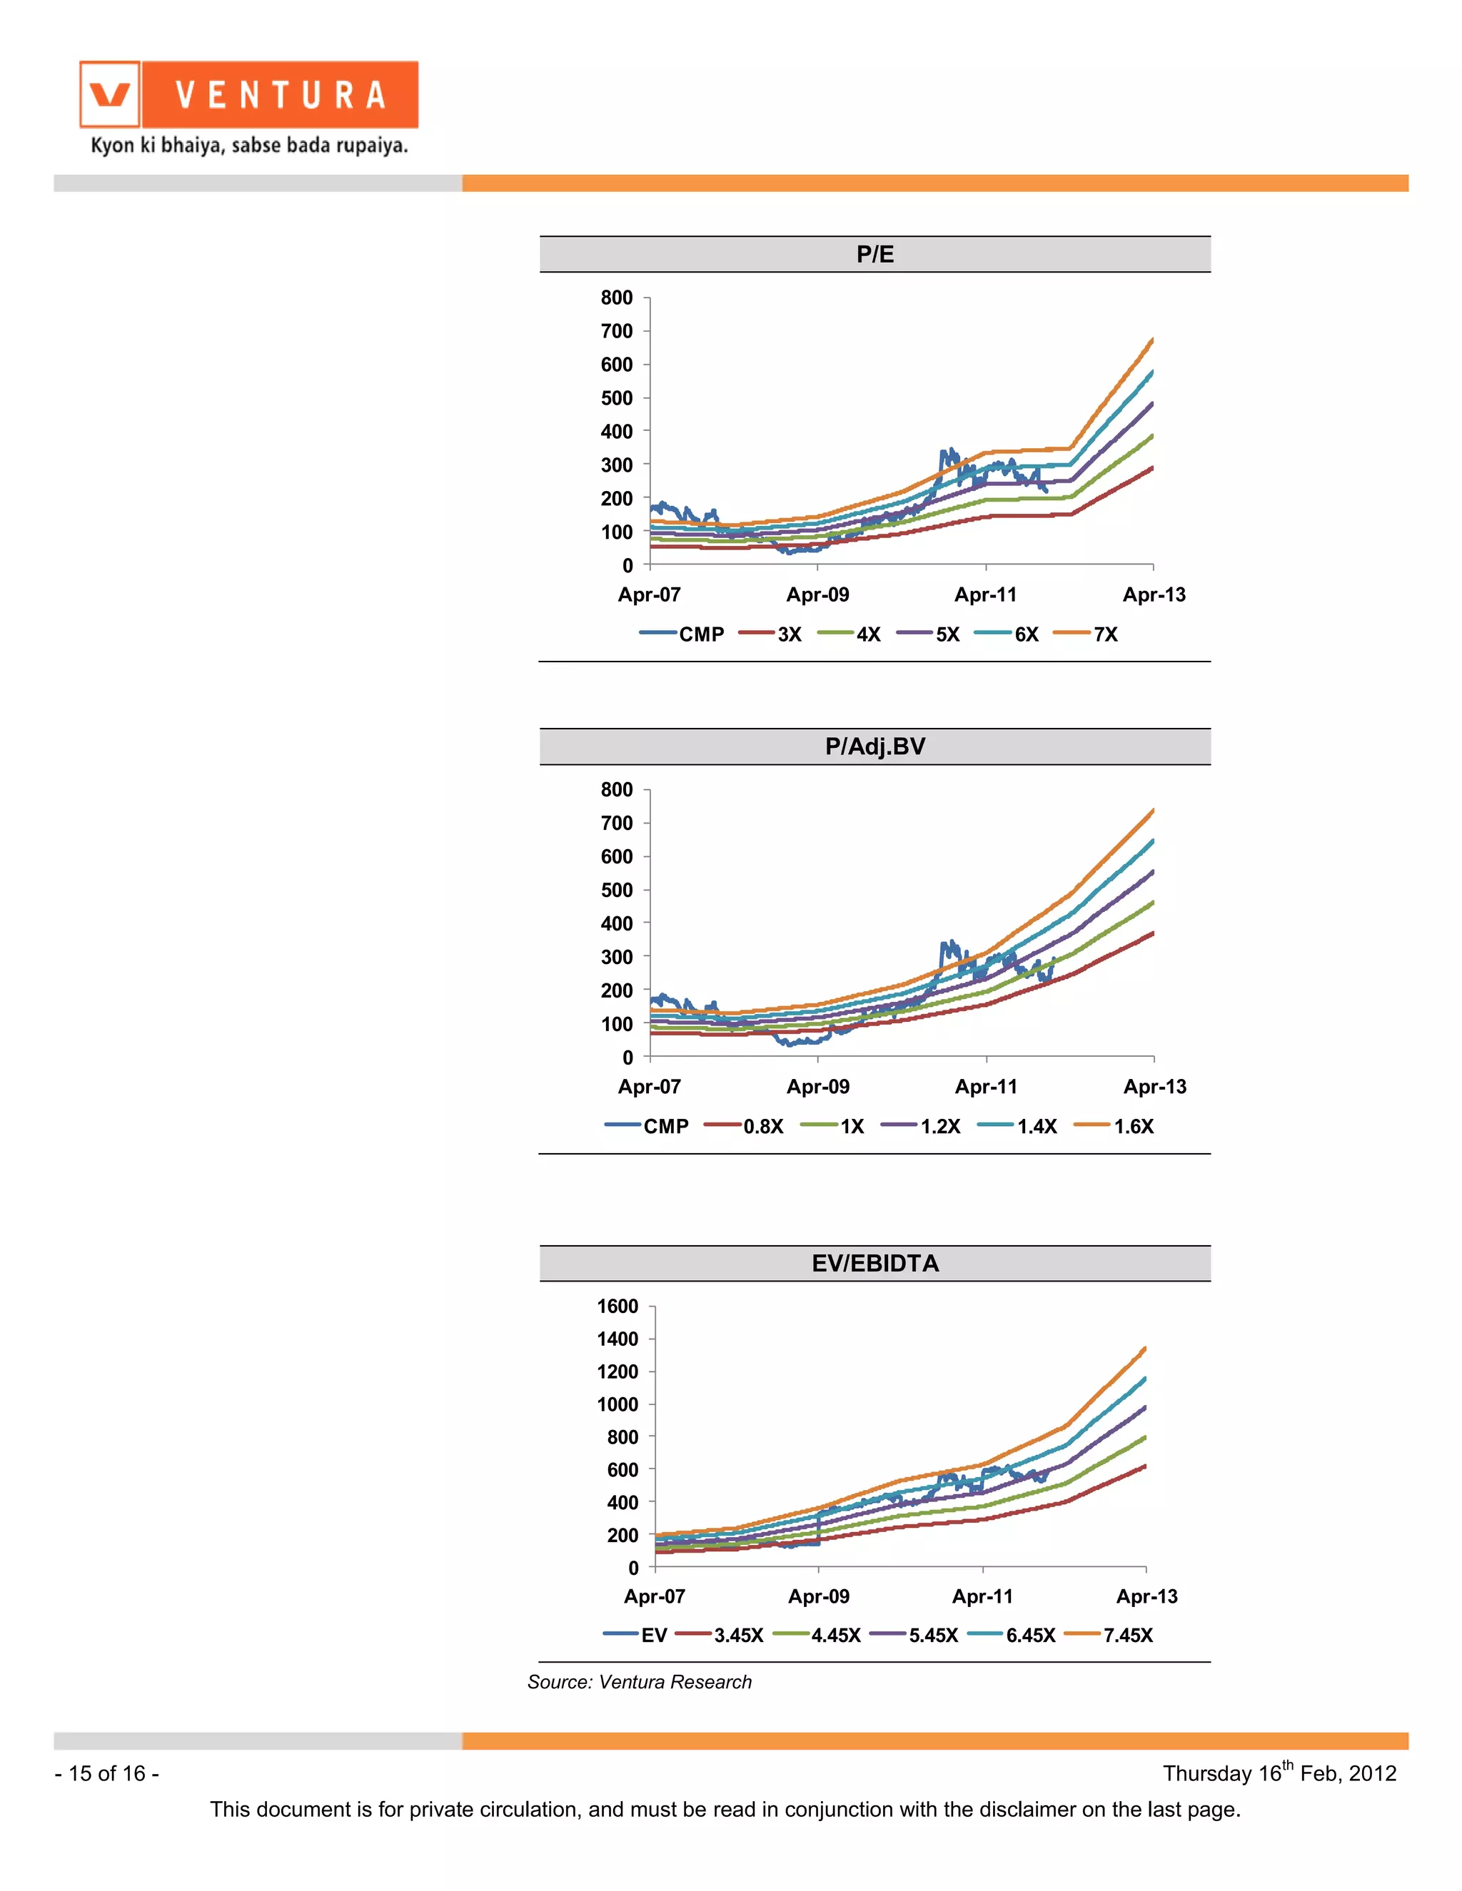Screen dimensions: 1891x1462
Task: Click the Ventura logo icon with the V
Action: point(110,94)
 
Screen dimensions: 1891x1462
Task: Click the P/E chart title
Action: point(874,255)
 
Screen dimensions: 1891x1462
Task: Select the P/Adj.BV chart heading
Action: point(874,746)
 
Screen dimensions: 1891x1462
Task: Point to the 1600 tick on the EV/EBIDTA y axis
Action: point(617,1306)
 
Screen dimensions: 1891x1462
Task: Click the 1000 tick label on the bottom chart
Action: point(617,1404)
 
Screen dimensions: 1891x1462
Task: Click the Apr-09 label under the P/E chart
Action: point(817,595)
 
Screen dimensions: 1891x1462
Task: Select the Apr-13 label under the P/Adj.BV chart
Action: point(1154,1087)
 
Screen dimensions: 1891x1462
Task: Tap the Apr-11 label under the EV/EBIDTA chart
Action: point(982,1596)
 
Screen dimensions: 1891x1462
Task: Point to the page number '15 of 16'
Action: point(106,1773)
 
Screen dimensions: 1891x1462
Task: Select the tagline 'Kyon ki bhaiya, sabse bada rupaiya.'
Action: point(249,146)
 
